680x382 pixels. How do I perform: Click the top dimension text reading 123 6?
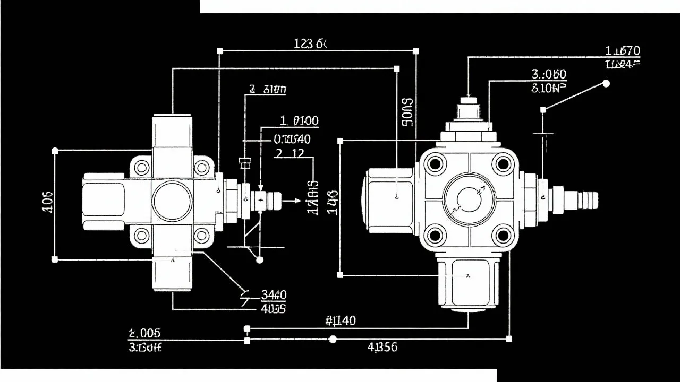(x=310, y=44)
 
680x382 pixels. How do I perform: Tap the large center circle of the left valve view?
(x=172, y=201)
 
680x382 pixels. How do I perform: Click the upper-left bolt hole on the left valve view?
(x=142, y=168)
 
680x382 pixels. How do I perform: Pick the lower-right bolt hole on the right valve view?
(x=502, y=235)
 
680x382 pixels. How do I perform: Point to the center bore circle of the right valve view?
(x=469, y=199)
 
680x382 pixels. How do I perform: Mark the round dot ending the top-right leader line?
(x=606, y=83)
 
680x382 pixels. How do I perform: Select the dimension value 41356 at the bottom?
(x=382, y=348)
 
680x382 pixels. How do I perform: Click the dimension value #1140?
(x=340, y=320)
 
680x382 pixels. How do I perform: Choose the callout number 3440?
(x=274, y=295)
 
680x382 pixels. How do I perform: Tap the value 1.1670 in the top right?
(x=623, y=51)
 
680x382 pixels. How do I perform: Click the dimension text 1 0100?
(x=299, y=121)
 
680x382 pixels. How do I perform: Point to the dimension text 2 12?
(x=290, y=153)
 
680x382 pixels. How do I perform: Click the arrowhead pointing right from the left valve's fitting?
(x=297, y=201)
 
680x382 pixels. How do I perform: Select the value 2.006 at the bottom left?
(x=144, y=333)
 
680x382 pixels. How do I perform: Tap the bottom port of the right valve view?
(x=468, y=284)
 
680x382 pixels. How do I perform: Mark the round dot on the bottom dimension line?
(x=333, y=339)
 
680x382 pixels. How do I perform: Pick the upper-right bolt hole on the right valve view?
(x=502, y=164)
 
